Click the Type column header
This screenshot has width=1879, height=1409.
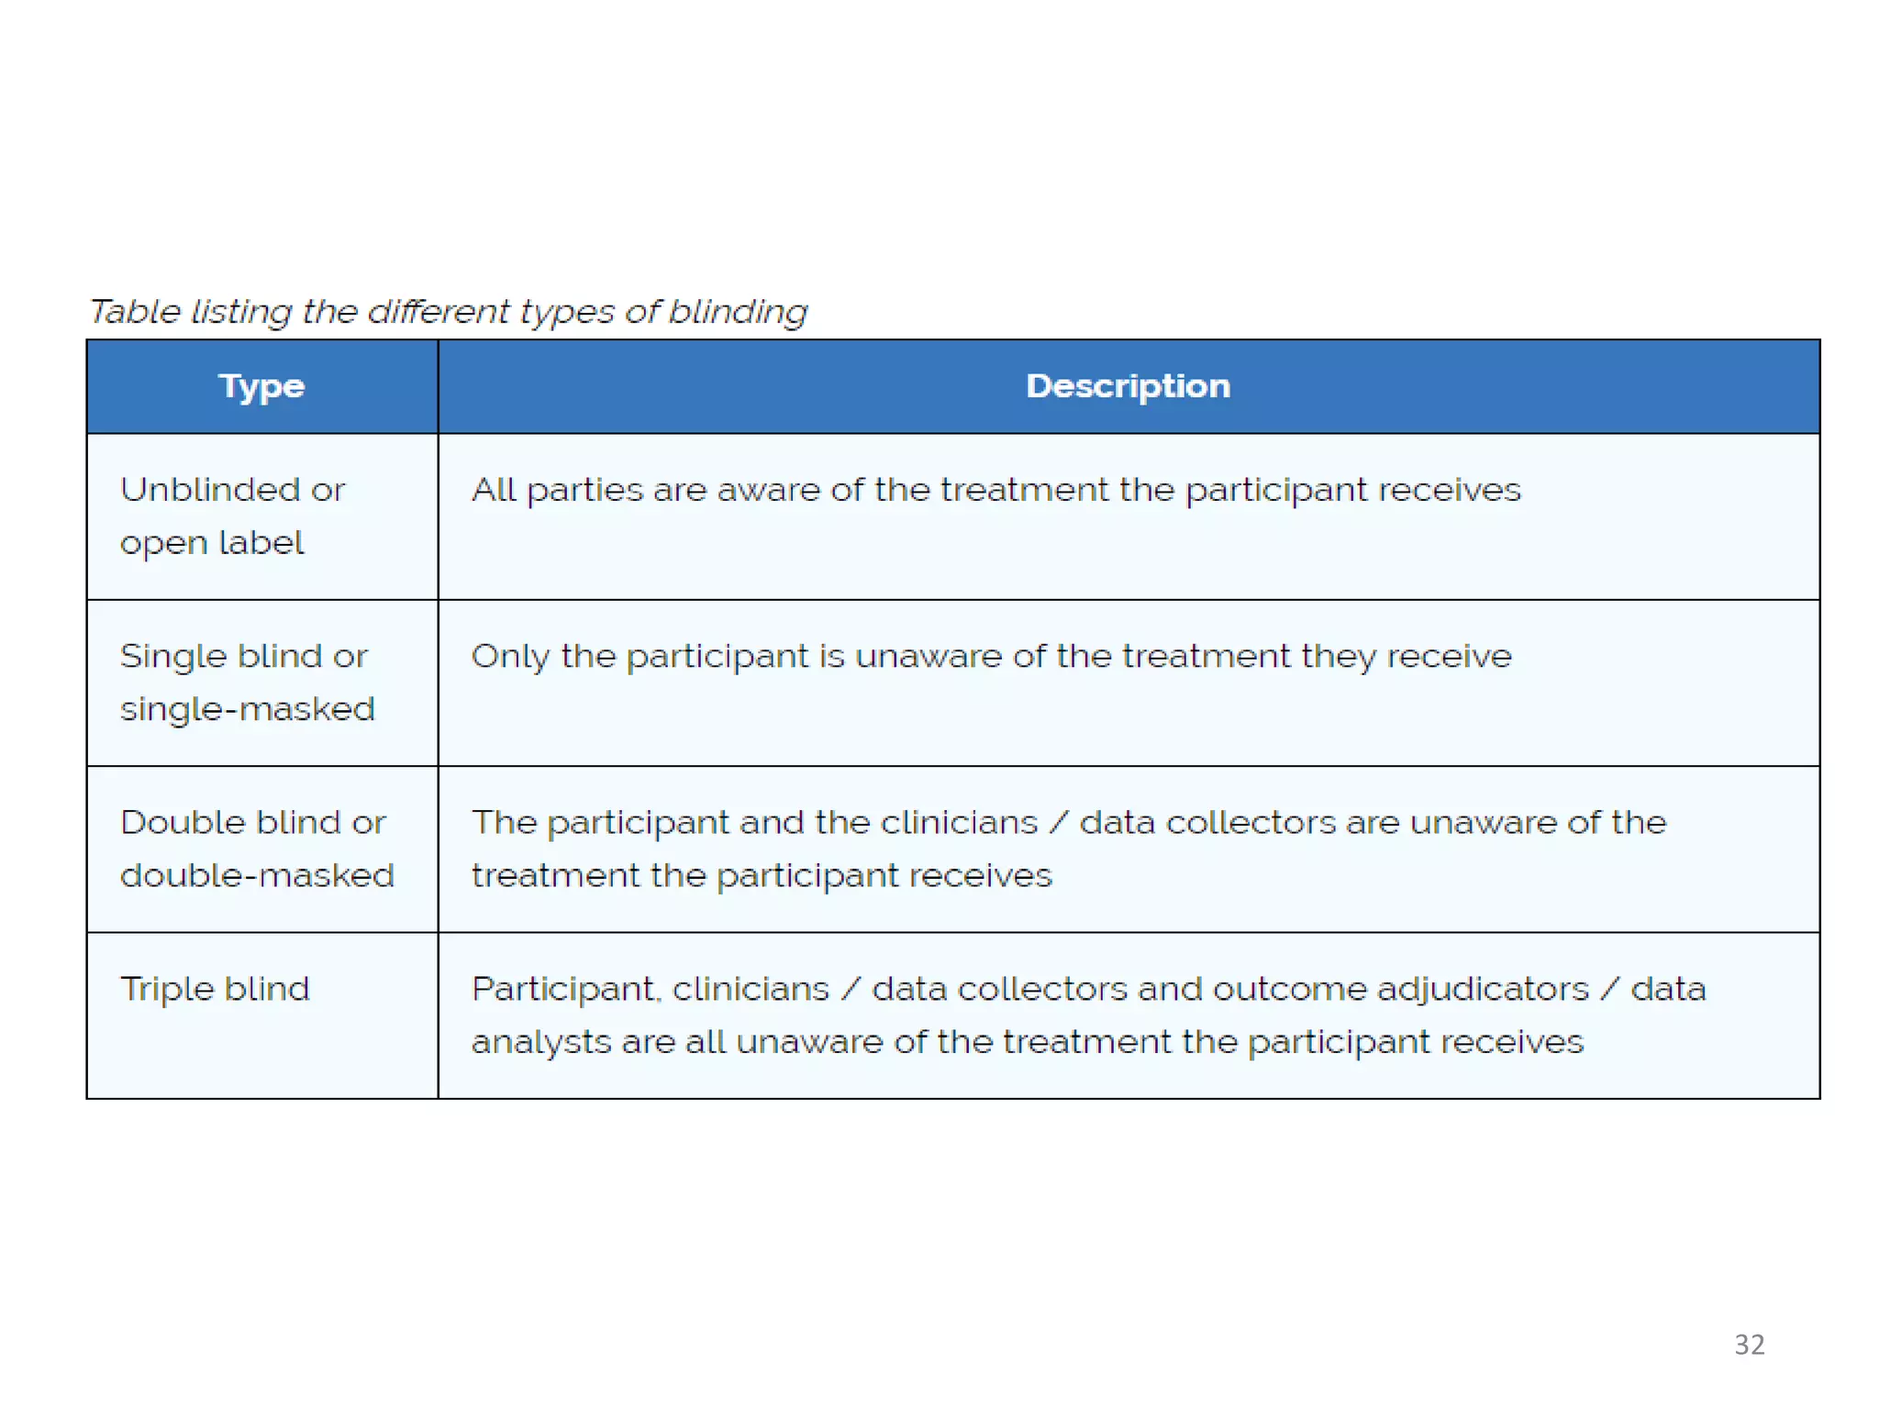click(261, 386)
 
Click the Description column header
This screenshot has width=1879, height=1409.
click(1128, 386)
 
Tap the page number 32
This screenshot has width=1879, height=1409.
click(1749, 1344)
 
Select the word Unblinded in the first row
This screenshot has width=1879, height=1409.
click(210, 490)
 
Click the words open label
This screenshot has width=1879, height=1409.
click(212, 543)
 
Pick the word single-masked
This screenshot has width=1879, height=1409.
click(248, 709)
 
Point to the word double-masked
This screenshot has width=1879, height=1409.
click(257, 875)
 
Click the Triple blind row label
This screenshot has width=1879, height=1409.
click(216, 989)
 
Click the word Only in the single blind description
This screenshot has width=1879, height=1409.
click(509, 657)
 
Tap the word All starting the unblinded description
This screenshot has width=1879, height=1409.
click(494, 490)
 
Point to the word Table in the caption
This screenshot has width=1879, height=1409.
click(135, 312)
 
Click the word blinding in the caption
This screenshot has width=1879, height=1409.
click(738, 312)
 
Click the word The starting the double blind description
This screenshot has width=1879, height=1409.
click(504, 823)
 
